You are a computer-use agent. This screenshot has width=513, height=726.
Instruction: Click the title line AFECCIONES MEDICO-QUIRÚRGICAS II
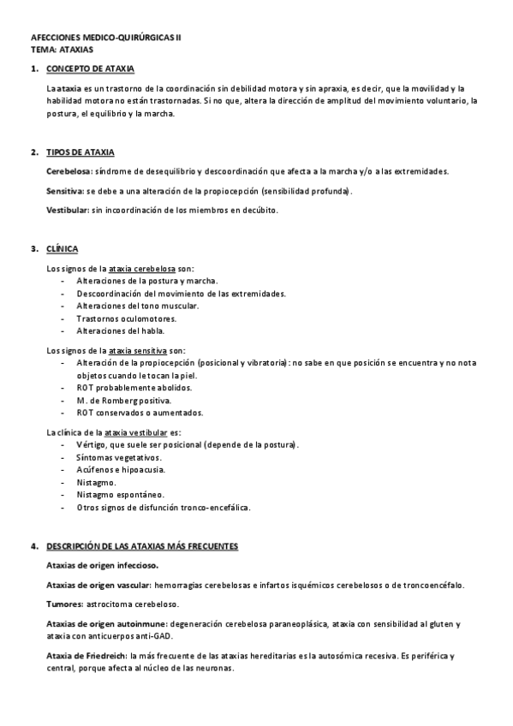(x=106, y=39)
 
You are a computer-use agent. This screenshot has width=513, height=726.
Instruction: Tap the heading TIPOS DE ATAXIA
(x=81, y=152)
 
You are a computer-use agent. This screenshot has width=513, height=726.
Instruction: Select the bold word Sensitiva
(x=64, y=191)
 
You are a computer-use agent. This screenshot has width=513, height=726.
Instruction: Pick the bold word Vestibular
(x=67, y=210)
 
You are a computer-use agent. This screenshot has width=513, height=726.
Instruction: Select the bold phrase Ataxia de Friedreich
(x=86, y=656)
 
